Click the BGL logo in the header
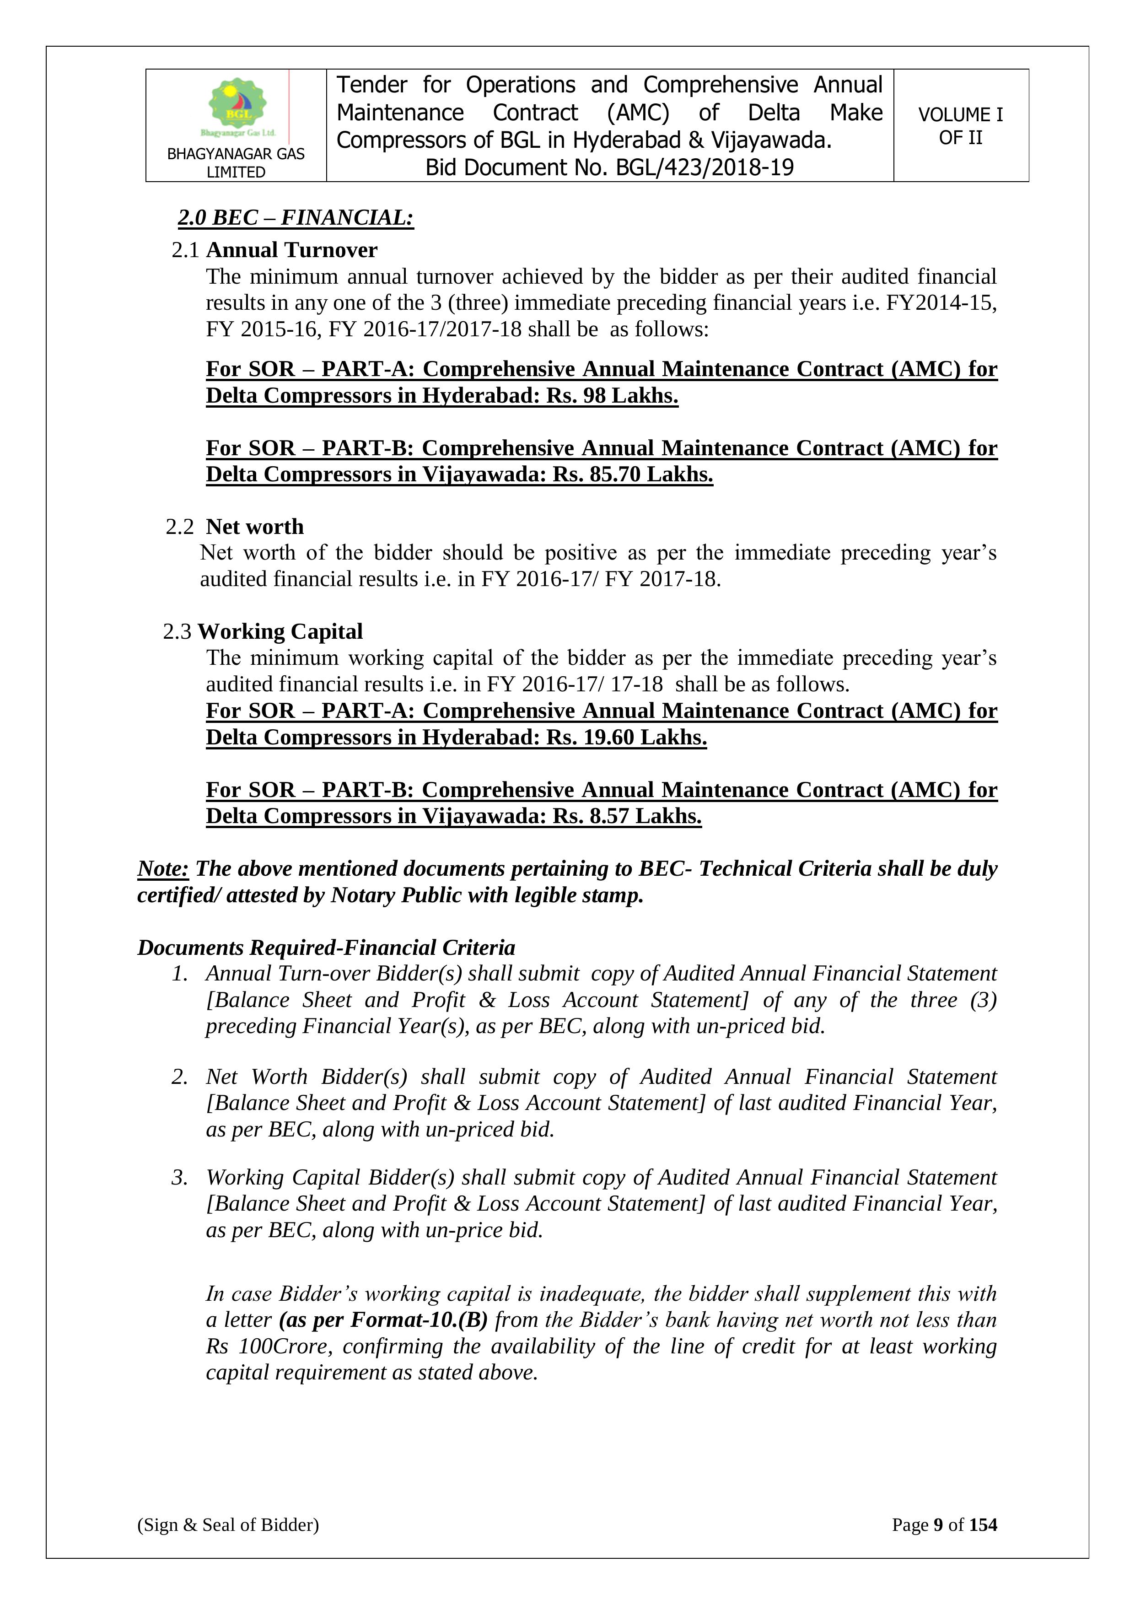[237, 106]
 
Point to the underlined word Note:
[163, 868]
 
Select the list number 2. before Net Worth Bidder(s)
[180, 1077]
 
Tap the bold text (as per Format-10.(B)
[383, 1320]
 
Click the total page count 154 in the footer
[983, 1524]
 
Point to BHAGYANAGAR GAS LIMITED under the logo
[236, 163]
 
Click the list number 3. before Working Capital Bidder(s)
[180, 1177]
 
